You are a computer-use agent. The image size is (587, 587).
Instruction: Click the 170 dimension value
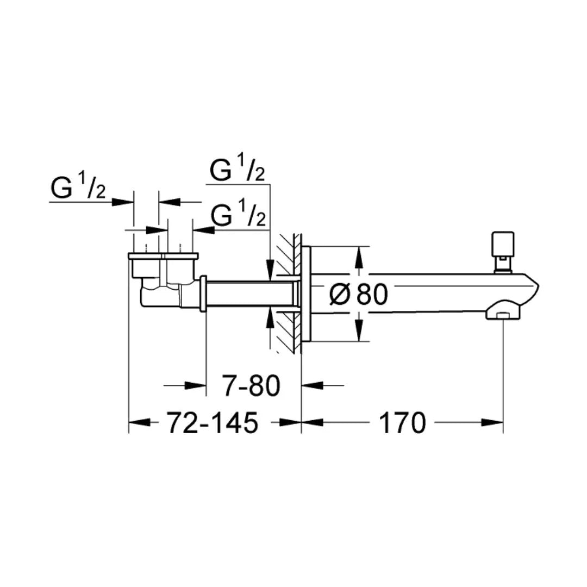tap(402, 422)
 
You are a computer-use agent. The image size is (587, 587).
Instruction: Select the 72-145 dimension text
tap(212, 422)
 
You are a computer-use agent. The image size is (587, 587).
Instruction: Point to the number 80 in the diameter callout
tap(372, 295)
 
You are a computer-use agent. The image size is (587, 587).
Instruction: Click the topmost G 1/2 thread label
tap(238, 170)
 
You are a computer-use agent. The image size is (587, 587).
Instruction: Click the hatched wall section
tap(288, 293)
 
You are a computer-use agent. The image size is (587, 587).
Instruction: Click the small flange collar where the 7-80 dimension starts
tap(203, 293)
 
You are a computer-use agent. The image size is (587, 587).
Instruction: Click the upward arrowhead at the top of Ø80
tap(358, 258)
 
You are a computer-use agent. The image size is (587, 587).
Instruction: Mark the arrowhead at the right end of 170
tap(492, 422)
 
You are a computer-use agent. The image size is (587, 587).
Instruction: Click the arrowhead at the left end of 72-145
tap(139, 422)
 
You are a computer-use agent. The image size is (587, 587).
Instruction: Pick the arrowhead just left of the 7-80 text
tap(196, 386)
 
